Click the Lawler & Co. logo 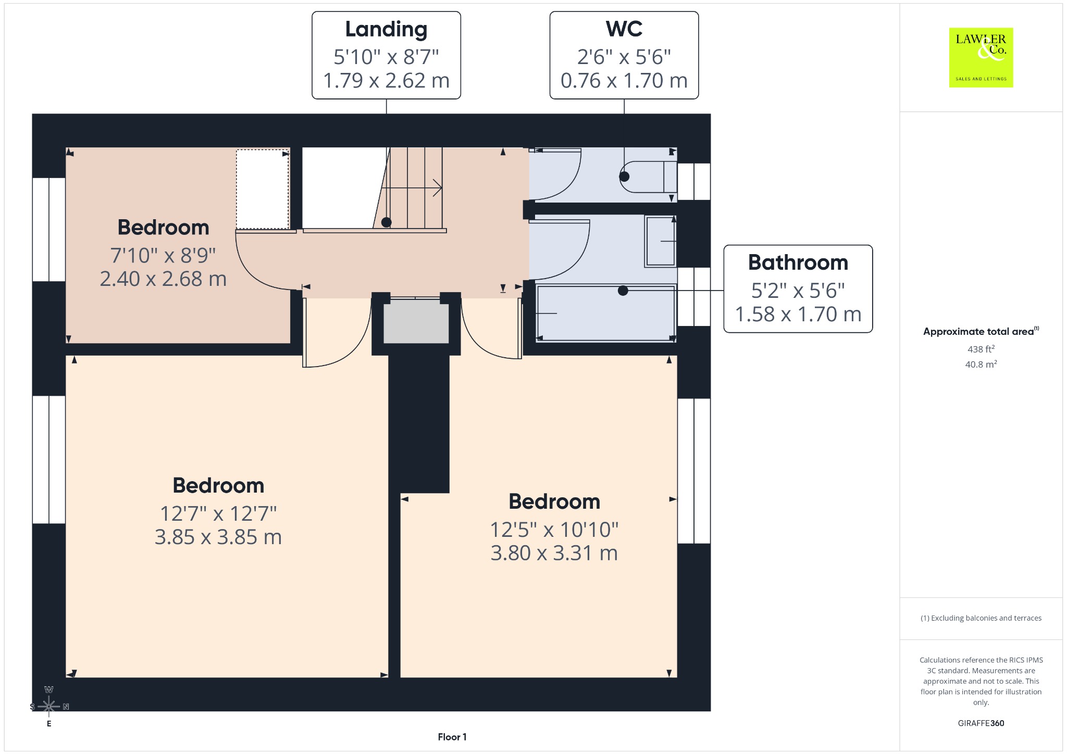(x=981, y=57)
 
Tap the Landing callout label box (x=386, y=55)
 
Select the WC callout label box (x=624, y=55)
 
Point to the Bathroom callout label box (x=798, y=288)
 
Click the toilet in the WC (x=648, y=177)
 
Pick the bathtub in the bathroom (x=606, y=313)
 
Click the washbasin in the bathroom (x=661, y=241)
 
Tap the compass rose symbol (x=49, y=706)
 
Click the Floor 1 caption (x=452, y=737)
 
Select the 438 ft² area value (x=981, y=349)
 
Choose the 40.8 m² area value (x=981, y=364)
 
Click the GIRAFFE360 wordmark (x=981, y=723)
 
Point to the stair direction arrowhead (x=438, y=188)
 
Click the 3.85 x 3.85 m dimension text (x=218, y=537)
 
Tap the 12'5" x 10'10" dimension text (x=554, y=530)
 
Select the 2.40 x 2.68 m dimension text (x=163, y=279)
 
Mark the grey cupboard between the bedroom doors (x=416, y=323)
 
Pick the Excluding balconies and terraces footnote (x=981, y=618)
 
